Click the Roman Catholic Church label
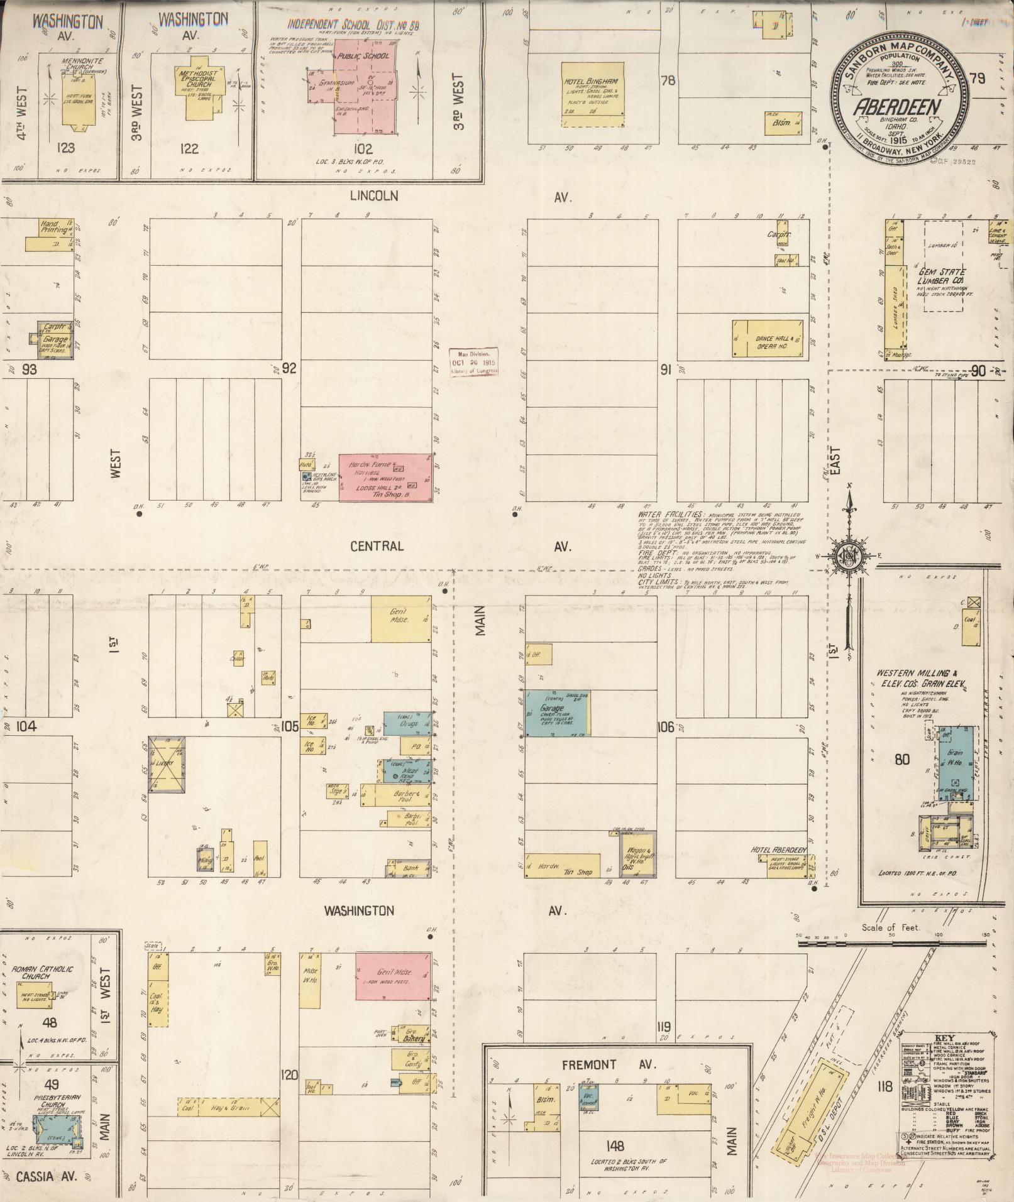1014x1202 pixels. coord(47,973)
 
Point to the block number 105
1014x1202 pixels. coord(289,727)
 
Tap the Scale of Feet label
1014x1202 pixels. coord(890,927)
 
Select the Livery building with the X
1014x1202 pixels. coord(167,764)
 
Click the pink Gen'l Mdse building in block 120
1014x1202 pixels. coord(393,976)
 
